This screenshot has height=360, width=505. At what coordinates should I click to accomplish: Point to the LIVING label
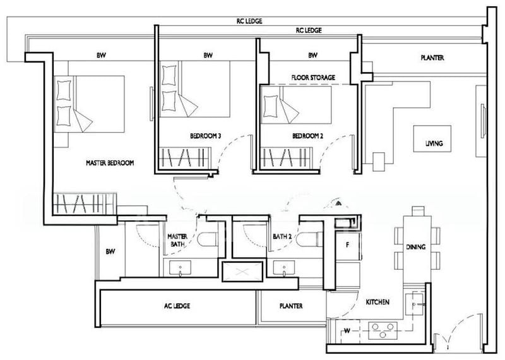coord(434,144)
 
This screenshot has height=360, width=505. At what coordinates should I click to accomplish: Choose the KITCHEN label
coord(377,303)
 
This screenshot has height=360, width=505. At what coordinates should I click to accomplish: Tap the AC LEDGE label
coord(177,306)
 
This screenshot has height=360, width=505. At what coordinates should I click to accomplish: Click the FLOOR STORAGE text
coord(312,78)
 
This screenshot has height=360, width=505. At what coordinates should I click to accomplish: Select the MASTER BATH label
coord(178,241)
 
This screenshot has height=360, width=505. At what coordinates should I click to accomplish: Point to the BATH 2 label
coord(282,237)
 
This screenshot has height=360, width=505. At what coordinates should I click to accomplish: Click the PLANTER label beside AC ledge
coord(290,306)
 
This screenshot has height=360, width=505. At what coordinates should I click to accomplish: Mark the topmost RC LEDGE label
coord(249,21)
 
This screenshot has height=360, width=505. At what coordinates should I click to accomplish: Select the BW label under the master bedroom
coord(110,251)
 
